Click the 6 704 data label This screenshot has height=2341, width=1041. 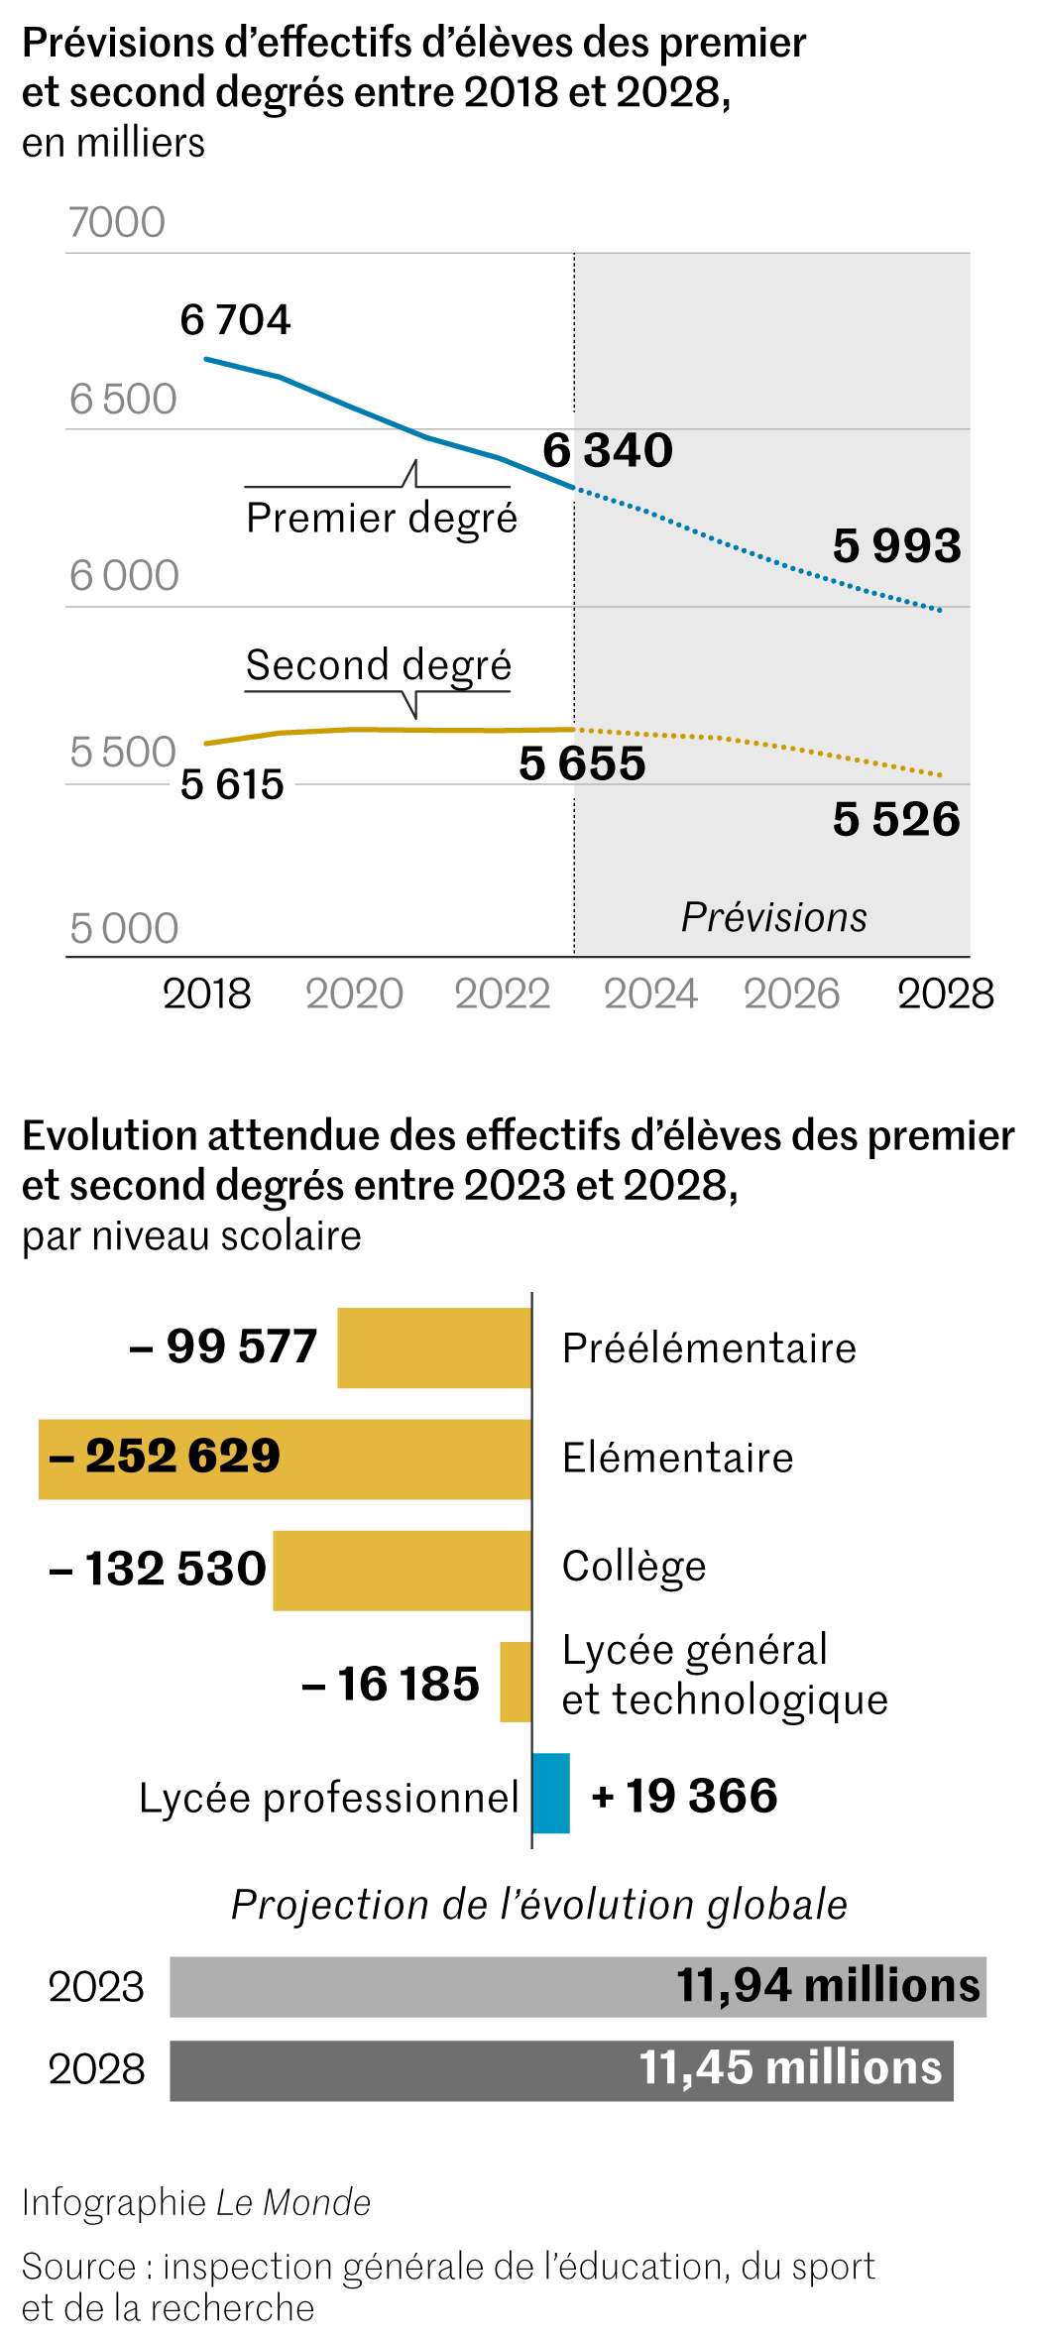click(235, 320)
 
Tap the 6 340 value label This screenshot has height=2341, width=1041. click(608, 451)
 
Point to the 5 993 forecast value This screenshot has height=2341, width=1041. click(896, 546)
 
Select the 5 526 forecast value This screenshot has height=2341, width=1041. click(896, 820)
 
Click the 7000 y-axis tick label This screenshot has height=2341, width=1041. click(117, 223)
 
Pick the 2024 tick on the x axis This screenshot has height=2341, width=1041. click(650, 995)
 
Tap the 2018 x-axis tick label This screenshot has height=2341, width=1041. click(206, 995)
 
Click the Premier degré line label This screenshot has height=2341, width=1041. click(382, 519)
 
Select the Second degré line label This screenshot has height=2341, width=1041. click(379, 665)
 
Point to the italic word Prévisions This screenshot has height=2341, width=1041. click(773, 918)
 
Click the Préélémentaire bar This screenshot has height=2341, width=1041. click(434, 1348)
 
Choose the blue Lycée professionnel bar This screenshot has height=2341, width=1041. click(551, 1793)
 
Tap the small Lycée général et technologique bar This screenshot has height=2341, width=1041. click(516, 1682)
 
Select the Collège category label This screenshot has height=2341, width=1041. click(634, 1567)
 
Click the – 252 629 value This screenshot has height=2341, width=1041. click(165, 1457)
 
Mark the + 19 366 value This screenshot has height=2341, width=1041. click(684, 1796)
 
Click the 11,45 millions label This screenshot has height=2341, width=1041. click(790, 2068)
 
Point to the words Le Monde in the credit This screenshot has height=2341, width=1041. click(293, 2203)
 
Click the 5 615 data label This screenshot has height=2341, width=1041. click(232, 785)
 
